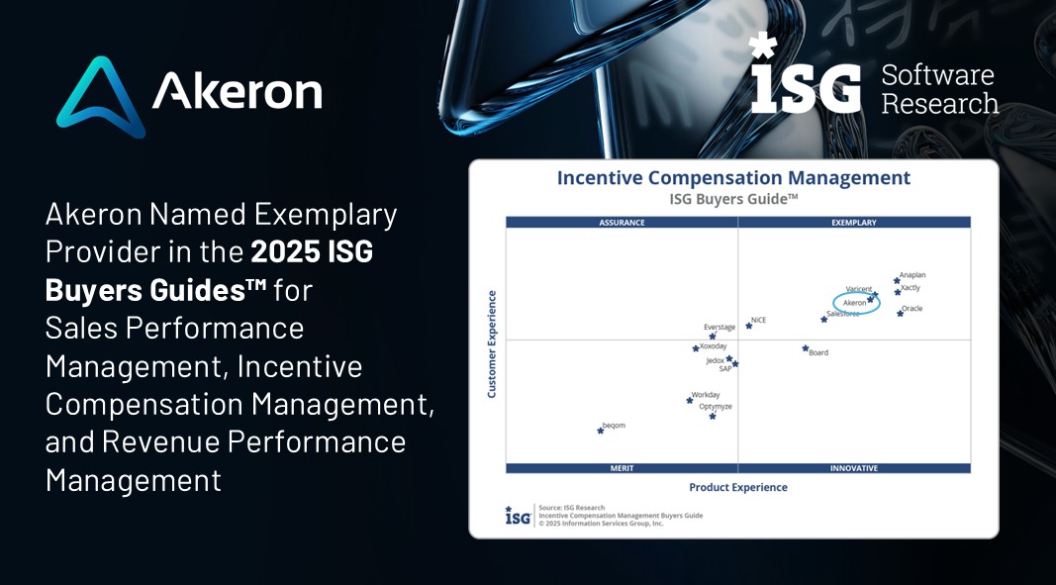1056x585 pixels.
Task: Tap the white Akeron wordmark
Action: (x=238, y=91)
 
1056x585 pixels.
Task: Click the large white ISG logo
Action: (x=806, y=73)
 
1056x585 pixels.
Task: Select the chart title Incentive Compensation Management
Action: (x=733, y=178)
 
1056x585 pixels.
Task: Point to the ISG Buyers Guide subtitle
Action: (x=733, y=199)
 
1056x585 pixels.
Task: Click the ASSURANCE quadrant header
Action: (x=622, y=223)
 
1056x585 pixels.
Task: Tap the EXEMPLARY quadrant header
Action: (x=854, y=223)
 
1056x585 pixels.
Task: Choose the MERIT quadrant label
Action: (x=622, y=468)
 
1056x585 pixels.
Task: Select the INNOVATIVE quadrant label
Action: (x=854, y=468)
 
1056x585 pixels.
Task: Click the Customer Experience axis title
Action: (x=492, y=343)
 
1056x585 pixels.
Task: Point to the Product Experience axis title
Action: (x=738, y=487)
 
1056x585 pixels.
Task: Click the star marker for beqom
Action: (x=600, y=431)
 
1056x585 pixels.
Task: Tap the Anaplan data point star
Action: (x=897, y=280)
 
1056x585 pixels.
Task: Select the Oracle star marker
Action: (x=900, y=313)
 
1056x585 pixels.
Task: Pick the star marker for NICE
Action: (x=749, y=326)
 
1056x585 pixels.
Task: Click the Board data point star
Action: (x=805, y=348)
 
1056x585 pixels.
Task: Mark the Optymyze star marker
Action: (x=712, y=416)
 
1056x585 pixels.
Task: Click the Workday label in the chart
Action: (x=706, y=395)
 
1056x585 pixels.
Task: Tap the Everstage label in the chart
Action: (x=720, y=328)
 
